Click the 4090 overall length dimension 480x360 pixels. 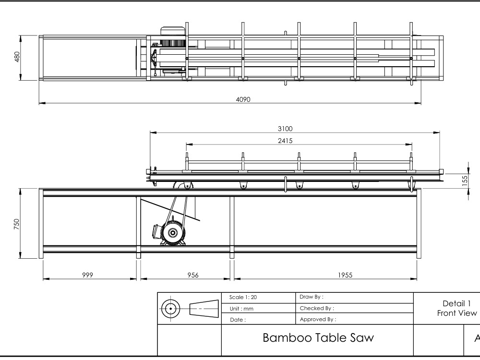pos(243,99)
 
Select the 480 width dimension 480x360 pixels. pos(17,57)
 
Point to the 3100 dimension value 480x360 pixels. pos(285,129)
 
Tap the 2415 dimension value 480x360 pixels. pos(285,141)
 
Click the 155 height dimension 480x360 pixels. pos(465,180)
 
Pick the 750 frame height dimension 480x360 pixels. pos(16,224)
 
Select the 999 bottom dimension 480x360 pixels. pos(87,275)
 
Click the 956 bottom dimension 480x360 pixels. pos(193,275)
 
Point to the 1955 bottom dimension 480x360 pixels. pos(345,275)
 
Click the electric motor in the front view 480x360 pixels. pos(169,233)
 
